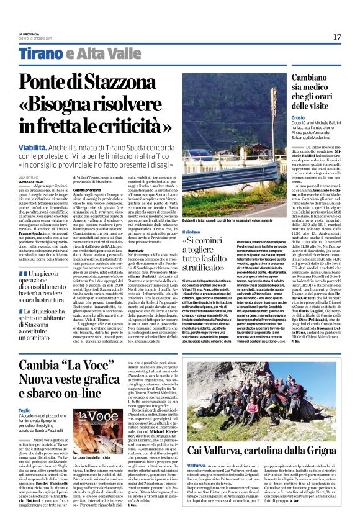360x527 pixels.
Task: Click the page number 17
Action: tap(337, 37)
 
